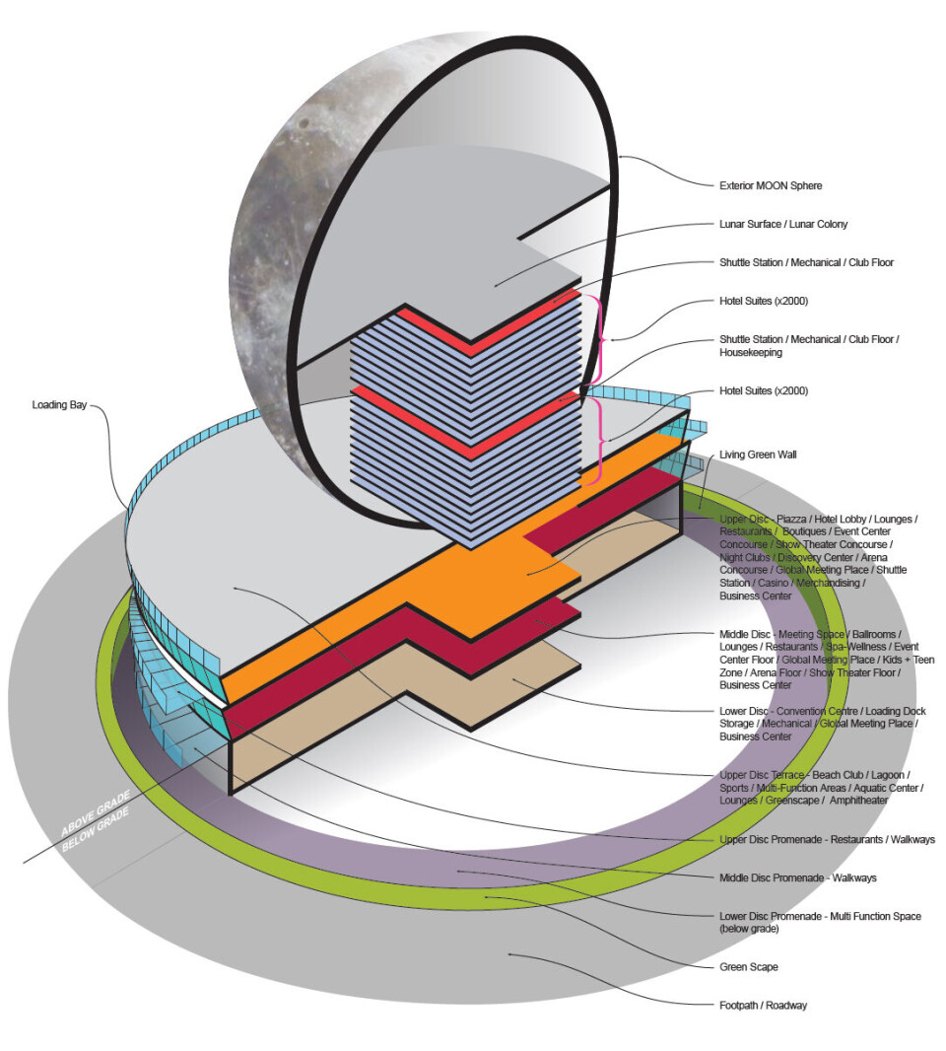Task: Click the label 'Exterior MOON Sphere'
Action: (770, 184)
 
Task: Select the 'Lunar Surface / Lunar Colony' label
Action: (783, 224)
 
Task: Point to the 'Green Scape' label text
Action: (749, 967)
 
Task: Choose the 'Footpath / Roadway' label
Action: (764, 1005)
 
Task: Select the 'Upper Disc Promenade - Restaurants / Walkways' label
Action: (827, 839)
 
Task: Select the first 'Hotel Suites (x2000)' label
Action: (764, 301)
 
